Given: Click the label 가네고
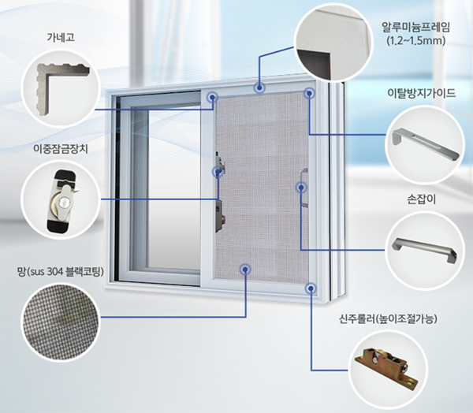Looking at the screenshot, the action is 61,37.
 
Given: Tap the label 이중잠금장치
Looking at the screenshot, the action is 61,149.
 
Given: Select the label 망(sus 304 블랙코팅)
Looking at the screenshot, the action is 61,272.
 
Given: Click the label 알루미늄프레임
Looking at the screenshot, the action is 415,28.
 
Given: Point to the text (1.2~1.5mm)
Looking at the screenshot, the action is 416,41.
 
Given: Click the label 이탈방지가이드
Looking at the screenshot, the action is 422,93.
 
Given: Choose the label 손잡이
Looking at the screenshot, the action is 422,199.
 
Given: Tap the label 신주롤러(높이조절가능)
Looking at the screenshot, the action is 388,319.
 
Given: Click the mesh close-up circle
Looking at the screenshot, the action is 60,322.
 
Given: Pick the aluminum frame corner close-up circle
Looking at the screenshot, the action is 333,43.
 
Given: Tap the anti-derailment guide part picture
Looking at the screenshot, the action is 426,144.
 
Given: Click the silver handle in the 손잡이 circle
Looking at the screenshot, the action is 424,249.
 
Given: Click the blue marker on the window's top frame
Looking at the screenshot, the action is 259,88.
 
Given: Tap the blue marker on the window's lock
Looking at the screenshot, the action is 218,172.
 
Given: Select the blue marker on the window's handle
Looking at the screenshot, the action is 301,188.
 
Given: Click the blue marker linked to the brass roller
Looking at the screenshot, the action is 311,288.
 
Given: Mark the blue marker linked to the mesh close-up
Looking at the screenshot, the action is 245,269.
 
